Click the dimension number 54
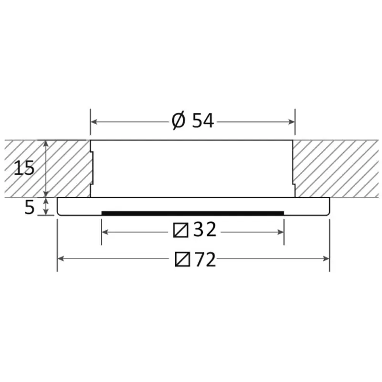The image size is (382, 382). (203, 120)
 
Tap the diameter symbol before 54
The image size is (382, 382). (179, 121)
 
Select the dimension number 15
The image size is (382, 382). (24, 168)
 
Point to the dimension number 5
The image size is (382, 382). (30, 208)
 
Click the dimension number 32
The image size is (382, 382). (205, 229)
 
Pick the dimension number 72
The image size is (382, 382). (205, 259)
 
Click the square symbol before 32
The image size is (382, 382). (181, 230)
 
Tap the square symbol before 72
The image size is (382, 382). (182, 259)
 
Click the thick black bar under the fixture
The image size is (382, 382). (193, 213)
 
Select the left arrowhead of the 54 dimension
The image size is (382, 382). (94, 122)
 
